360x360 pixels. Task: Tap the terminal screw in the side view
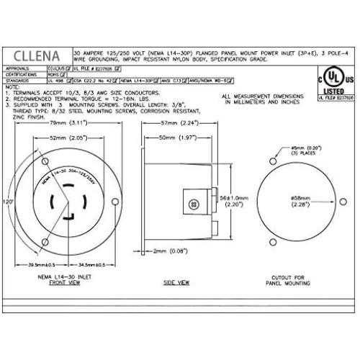point(192,204)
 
